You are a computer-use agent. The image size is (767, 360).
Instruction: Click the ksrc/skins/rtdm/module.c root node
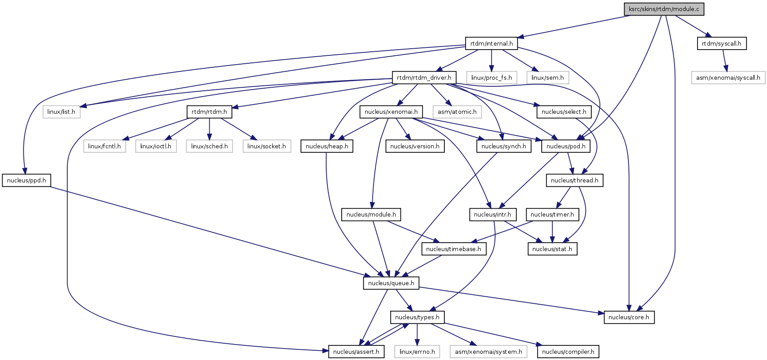[664, 9]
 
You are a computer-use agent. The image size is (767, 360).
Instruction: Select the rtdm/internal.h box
[491, 43]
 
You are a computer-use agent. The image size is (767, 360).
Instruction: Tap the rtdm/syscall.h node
[721, 43]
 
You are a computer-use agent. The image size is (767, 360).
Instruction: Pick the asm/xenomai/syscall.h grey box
[728, 77]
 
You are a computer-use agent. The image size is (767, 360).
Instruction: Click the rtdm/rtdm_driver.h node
[424, 77]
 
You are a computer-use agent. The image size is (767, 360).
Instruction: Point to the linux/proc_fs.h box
[491, 77]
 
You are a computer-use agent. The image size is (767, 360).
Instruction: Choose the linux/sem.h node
[547, 77]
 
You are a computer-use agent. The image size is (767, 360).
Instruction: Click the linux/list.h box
[61, 112]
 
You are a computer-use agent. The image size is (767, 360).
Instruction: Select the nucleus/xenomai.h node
[391, 112]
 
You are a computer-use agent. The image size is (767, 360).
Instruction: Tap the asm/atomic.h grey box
[457, 112]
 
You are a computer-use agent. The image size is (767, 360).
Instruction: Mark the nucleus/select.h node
[563, 112]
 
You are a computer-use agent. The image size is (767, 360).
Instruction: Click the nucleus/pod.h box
[566, 146]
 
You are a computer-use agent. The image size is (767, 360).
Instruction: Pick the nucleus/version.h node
[415, 146]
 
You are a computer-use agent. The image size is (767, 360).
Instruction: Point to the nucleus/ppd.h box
[27, 180]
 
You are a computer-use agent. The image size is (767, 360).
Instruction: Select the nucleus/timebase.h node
[453, 249]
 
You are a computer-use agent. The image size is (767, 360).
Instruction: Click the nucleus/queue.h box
[391, 283]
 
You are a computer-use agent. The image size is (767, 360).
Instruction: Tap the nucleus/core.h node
[628, 317]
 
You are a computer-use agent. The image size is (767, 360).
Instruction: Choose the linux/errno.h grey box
[417, 352]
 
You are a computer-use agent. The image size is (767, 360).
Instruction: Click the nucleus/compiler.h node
[568, 352]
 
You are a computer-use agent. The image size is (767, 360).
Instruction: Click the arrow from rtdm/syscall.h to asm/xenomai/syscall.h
[725, 60]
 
